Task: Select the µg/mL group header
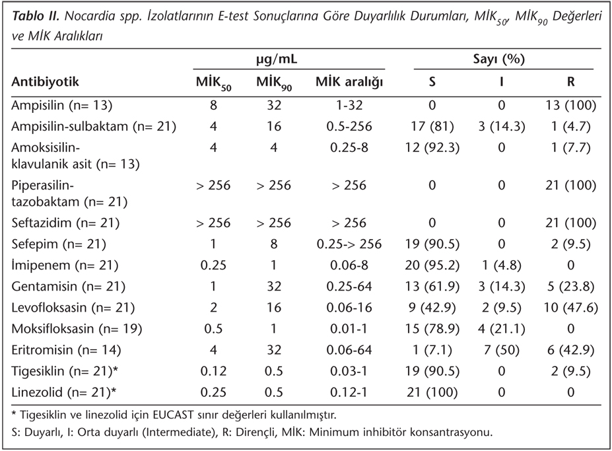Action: (277, 59)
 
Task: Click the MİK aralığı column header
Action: (349, 82)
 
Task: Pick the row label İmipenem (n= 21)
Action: (65, 265)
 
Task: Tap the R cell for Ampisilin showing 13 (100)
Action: (570, 105)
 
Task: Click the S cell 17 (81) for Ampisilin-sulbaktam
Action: (432, 127)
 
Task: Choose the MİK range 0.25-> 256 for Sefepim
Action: (349, 244)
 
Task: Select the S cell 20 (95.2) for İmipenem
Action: (432, 265)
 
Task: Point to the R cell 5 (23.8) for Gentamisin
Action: (570, 286)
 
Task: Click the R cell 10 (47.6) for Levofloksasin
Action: (570, 308)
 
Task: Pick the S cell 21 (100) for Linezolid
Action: (432, 392)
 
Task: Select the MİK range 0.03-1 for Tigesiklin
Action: (349, 372)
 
